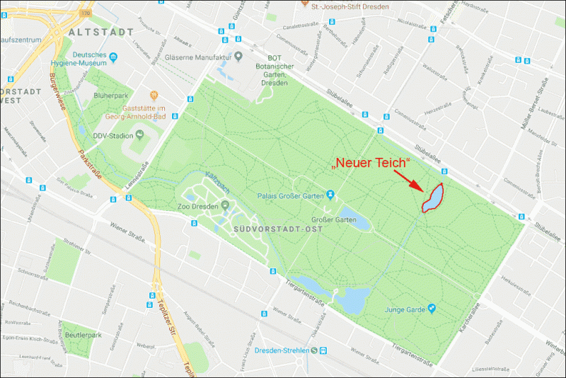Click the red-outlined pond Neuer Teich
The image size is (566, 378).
click(432, 197)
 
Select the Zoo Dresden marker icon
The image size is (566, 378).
click(225, 205)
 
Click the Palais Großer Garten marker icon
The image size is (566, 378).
click(330, 195)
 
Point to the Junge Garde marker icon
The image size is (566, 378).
click(432, 308)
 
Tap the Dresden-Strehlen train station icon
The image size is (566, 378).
click(322, 350)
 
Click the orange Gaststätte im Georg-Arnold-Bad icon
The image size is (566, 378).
click(153, 93)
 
